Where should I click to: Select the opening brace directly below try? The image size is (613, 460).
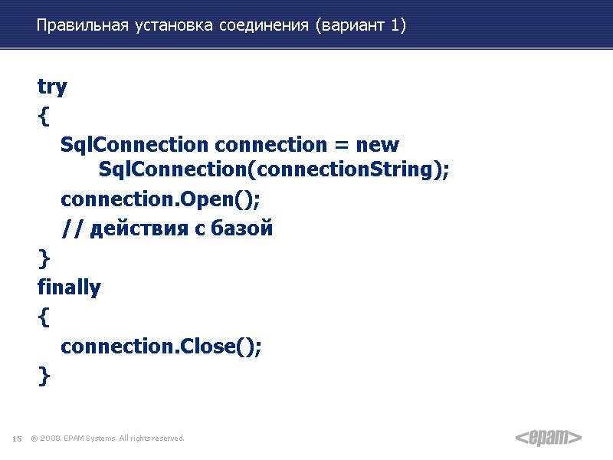[x=43, y=117]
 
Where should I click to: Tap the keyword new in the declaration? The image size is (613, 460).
[x=378, y=144]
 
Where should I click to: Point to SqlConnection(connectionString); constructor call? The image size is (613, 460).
[x=274, y=170]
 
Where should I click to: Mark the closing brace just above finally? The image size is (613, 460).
[x=43, y=258]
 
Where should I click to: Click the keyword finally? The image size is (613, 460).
[x=69, y=288]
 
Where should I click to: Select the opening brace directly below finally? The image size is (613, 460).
[x=43, y=317]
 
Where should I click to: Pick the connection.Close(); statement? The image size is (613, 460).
[x=161, y=347]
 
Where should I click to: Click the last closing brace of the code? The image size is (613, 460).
[x=43, y=376]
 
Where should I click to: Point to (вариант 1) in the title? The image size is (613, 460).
[x=359, y=26]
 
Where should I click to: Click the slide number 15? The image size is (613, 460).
[x=16, y=439]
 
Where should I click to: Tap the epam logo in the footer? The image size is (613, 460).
[x=548, y=438]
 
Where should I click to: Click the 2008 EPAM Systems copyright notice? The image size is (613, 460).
[x=108, y=439]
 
